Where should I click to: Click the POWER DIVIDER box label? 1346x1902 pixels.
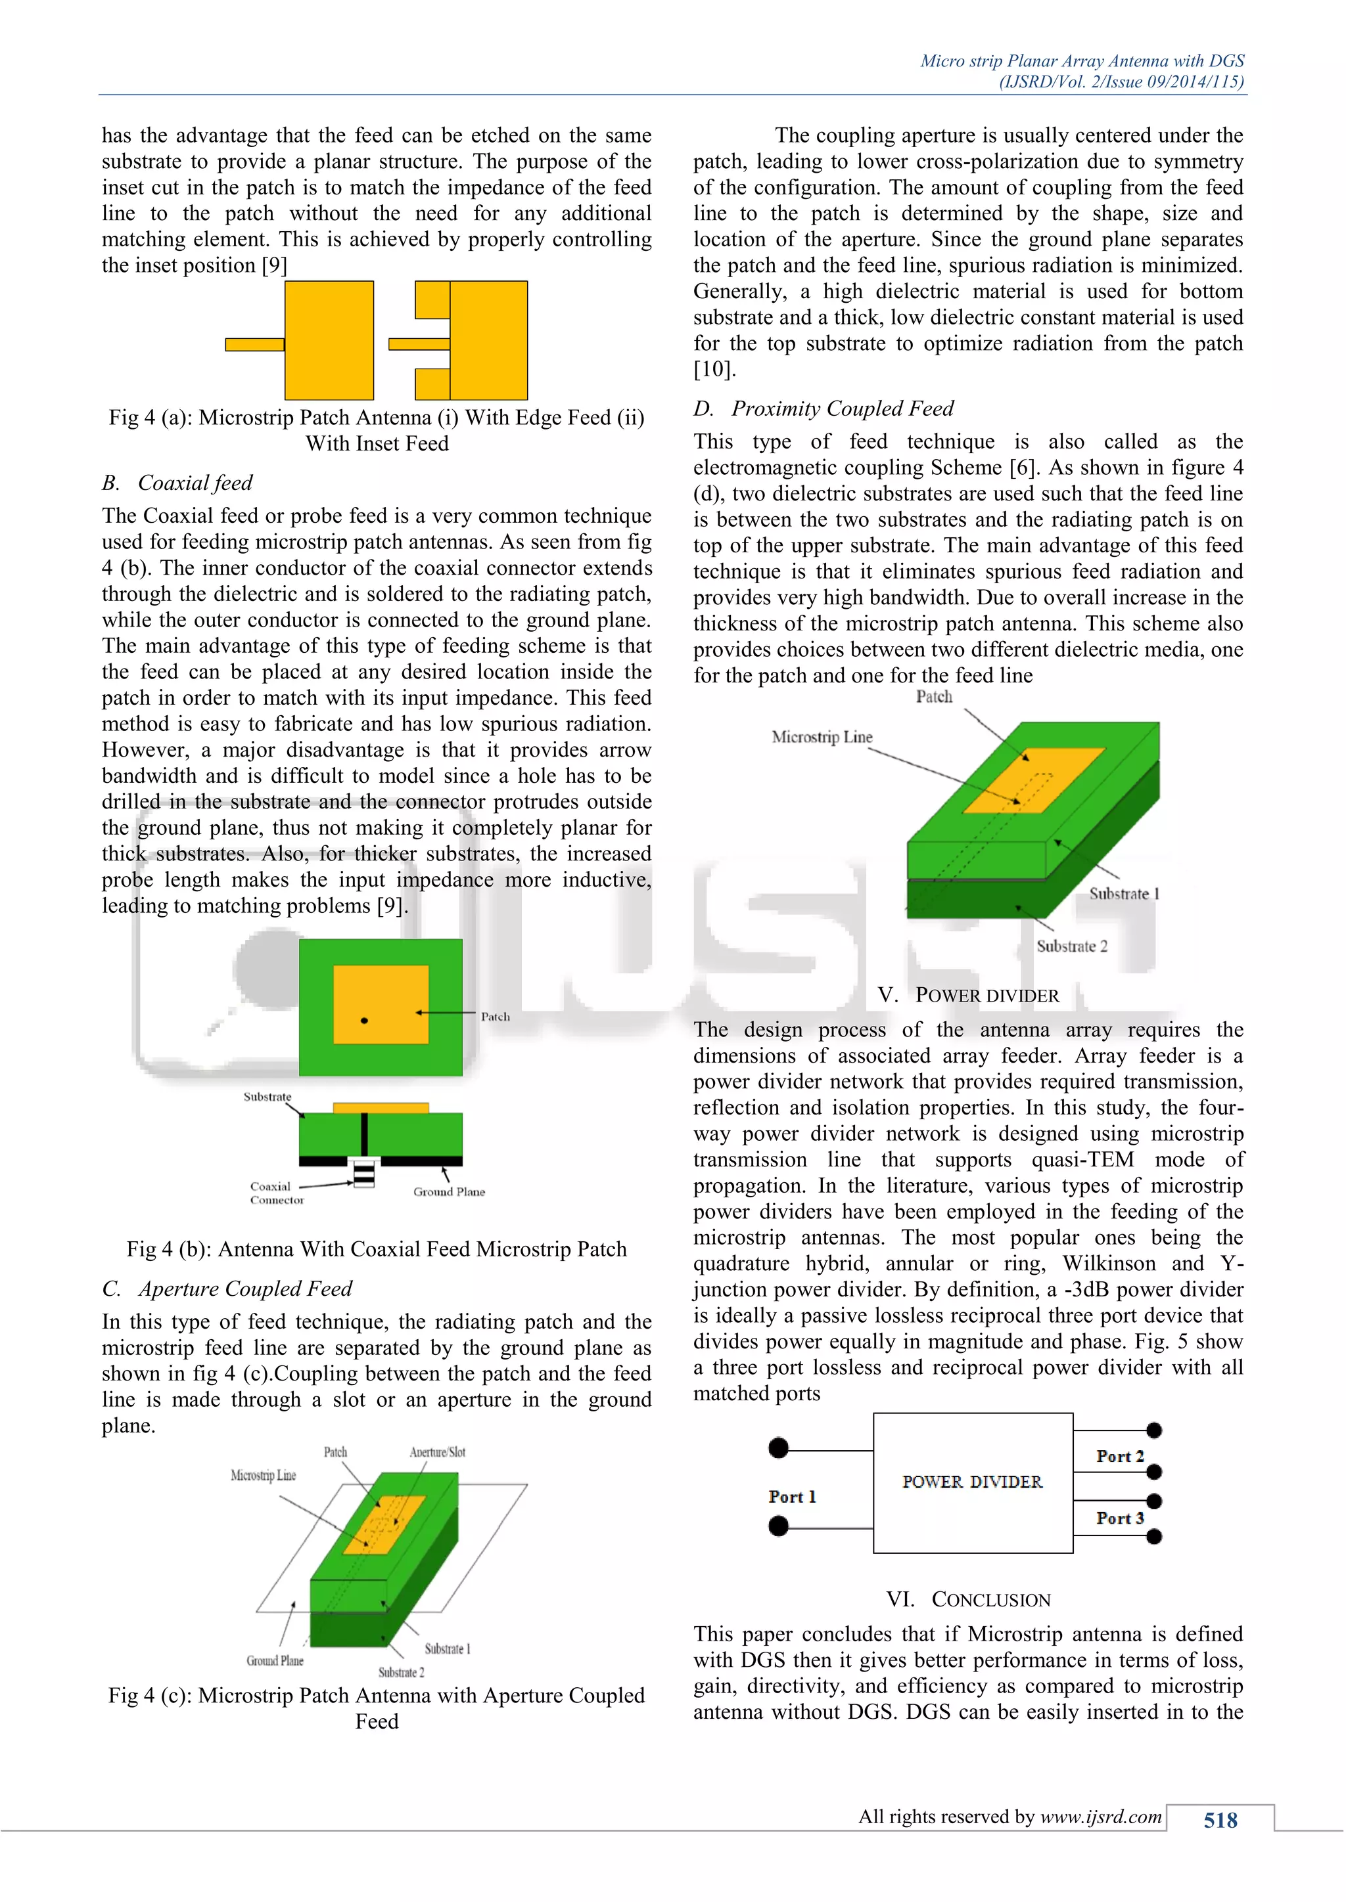coord(972,1482)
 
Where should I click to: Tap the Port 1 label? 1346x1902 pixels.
coord(791,1496)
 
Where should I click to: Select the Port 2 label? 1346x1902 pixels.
coord(1120,1455)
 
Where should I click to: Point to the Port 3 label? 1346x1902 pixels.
coord(1120,1518)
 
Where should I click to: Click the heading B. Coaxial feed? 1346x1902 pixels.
coord(177,482)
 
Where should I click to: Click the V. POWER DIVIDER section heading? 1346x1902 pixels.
coord(968,995)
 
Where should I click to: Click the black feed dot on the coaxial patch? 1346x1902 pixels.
coord(364,1021)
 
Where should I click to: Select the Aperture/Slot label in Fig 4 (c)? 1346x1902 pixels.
coord(437,1451)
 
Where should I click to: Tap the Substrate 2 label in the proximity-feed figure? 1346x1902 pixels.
coord(1072,946)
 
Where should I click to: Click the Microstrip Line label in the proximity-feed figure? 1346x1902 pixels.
coord(822,736)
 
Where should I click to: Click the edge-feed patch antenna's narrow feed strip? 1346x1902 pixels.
coord(254,343)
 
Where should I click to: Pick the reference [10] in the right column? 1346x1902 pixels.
coord(714,370)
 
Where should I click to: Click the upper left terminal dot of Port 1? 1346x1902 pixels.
coord(778,1448)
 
